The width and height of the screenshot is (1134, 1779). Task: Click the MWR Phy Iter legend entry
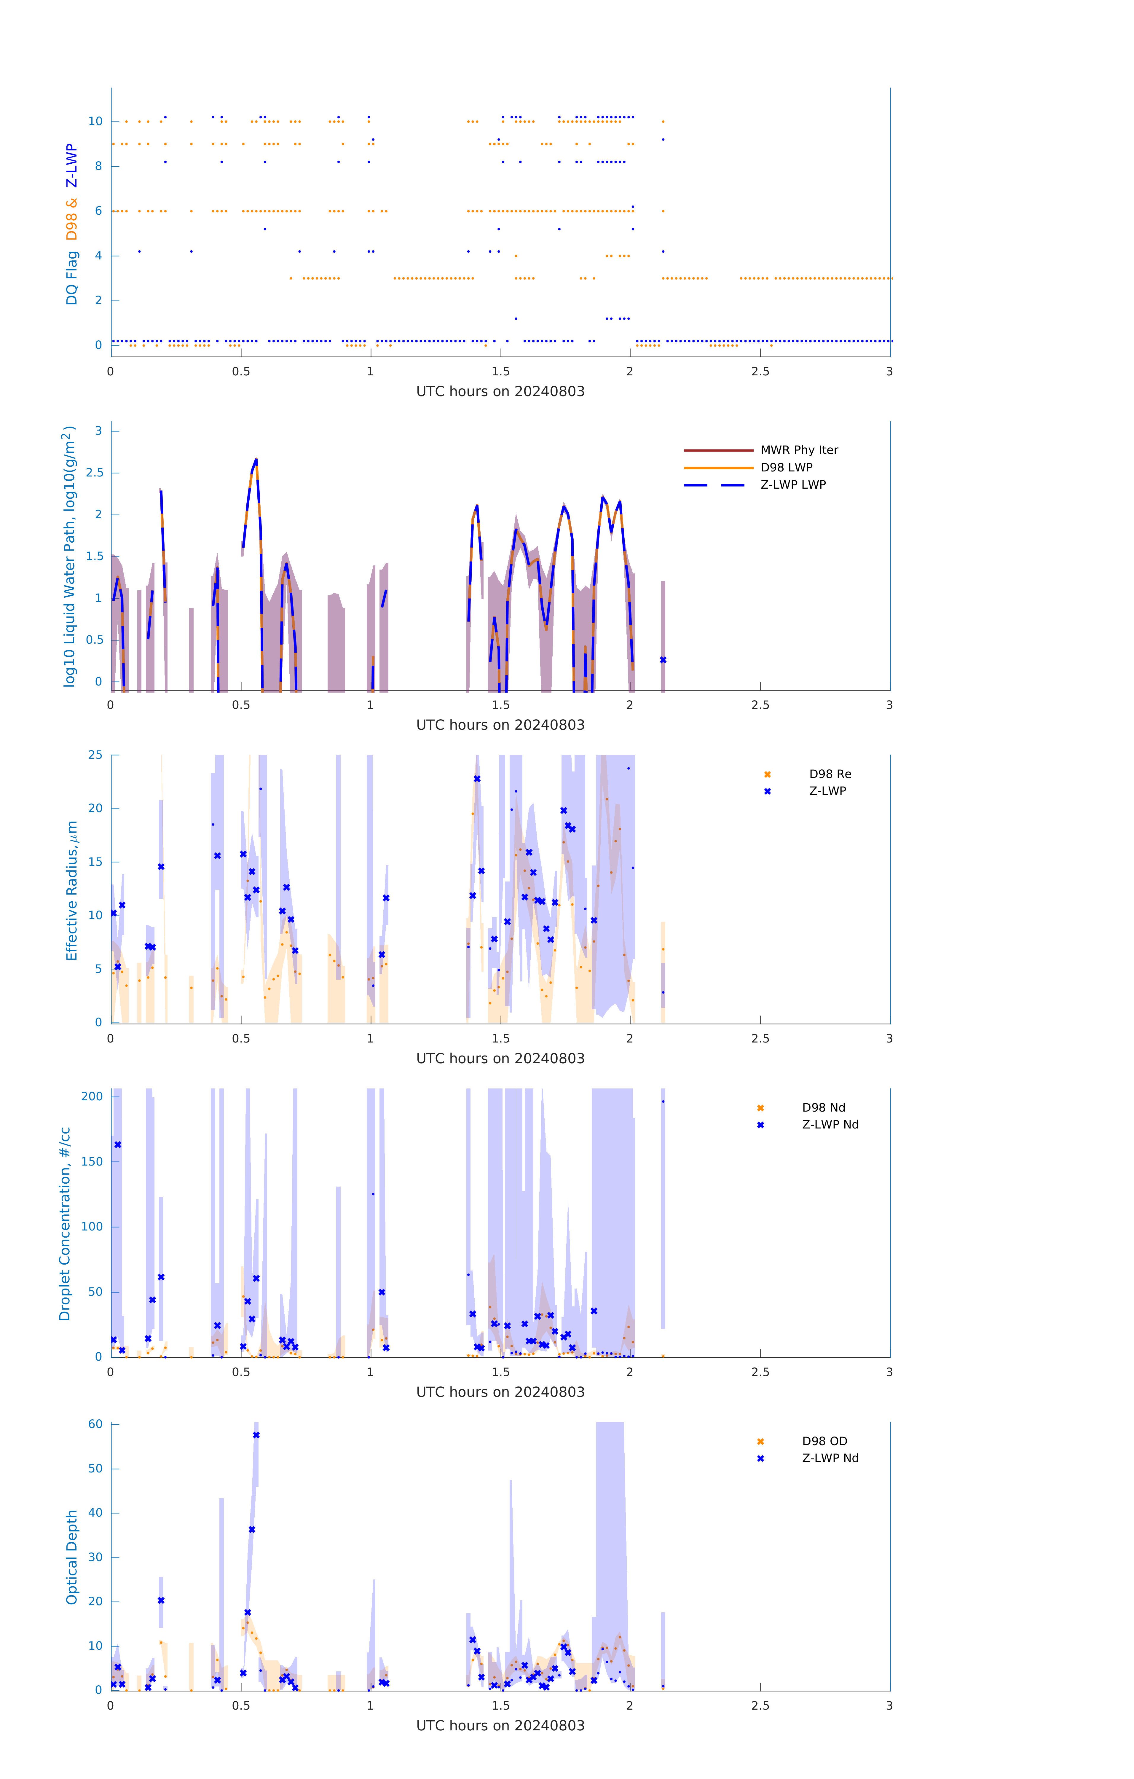799,450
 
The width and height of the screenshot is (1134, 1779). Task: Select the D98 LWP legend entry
786,468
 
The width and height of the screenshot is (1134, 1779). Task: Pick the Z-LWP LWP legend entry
793,485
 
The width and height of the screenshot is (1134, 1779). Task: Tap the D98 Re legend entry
830,774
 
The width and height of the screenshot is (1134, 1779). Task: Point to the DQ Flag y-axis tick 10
95,121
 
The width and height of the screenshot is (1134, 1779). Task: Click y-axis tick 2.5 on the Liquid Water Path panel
95,473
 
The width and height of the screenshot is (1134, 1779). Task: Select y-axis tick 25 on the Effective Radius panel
95,755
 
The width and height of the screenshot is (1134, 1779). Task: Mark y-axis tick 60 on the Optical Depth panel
95,1424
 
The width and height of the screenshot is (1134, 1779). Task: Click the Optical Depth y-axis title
72,1557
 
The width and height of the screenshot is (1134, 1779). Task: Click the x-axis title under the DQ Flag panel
500,392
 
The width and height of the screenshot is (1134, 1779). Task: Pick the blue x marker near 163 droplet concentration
117,1145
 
